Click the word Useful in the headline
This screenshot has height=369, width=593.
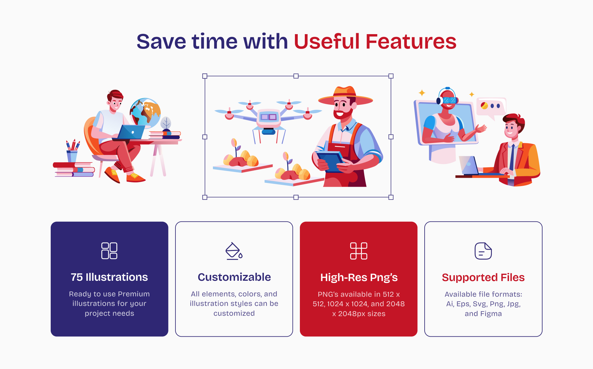[327, 42]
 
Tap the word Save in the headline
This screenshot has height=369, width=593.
[161, 42]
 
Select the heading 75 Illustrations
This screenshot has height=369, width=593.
[109, 277]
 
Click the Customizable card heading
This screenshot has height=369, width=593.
[234, 277]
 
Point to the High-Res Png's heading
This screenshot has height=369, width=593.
[359, 277]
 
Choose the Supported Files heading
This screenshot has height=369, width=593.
[483, 277]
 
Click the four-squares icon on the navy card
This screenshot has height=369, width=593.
[109, 251]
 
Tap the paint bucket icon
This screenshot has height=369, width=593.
[234, 251]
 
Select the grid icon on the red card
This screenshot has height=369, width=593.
[359, 251]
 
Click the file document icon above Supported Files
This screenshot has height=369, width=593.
[483, 251]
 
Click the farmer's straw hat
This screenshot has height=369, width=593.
[346, 96]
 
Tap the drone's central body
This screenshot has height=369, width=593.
[269, 118]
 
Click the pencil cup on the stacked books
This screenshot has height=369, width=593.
[72, 156]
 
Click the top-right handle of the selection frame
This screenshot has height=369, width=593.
[391, 76]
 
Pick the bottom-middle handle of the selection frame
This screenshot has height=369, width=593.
[296, 197]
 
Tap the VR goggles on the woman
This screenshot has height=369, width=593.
[449, 100]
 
